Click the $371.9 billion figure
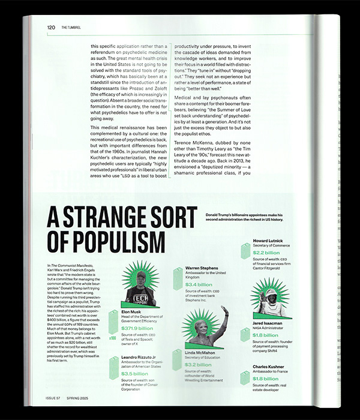point(137,329)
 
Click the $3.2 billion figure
point(199,364)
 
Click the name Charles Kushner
point(272,367)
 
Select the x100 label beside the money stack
point(113,338)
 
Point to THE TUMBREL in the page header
point(70,27)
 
